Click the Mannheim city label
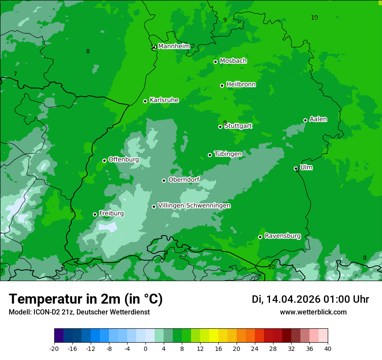pos(174,46)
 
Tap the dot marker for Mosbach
pos(215,62)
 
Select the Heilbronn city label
pos(241,85)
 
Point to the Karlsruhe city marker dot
pos(145,101)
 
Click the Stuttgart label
pos(238,126)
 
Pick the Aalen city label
pos(318,119)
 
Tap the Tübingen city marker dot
pos(210,155)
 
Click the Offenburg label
pos(124,160)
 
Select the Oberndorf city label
pos(184,180)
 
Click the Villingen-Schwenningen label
pos(194,206)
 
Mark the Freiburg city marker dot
pos(95,214)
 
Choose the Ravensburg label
pos(283,236)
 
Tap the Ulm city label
pos(306,167)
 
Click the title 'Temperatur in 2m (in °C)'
pos(86,299)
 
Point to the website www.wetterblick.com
pos(313,312)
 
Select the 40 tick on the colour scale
pos(328,348)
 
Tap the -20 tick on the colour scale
pos(54,348)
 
